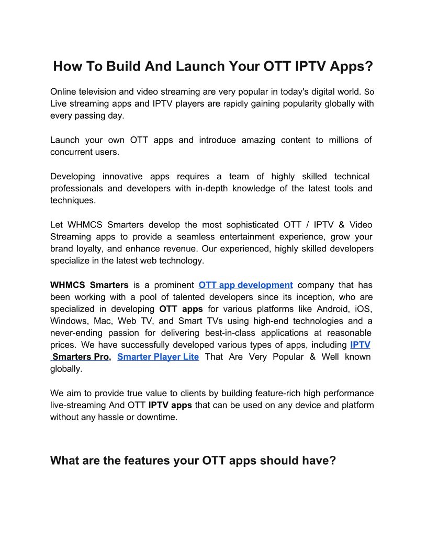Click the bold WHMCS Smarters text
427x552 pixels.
[89, 285]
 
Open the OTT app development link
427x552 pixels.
[245, 285]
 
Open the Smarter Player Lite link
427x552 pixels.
[158, 357]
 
